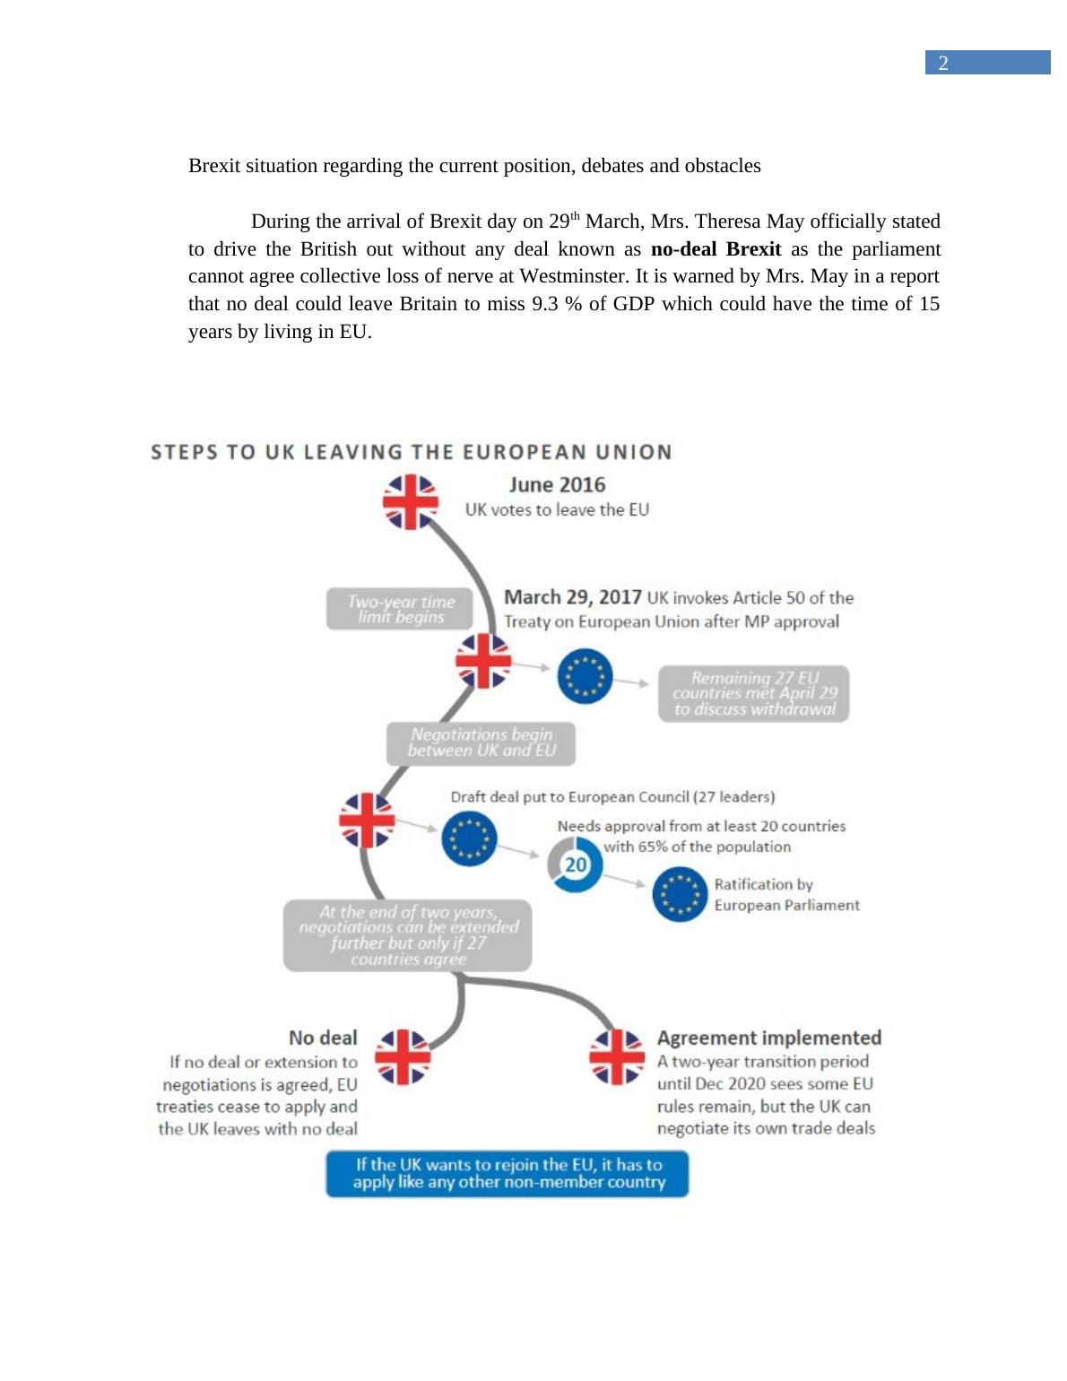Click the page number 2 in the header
pos(943,63)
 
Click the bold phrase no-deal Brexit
pos(716,249)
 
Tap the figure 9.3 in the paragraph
pos(546,304)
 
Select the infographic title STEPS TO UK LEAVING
pos(411,452)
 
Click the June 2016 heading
pos(557,485)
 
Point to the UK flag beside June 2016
pos(411,502)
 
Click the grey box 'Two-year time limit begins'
pos(400,609)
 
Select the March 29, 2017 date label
pos(572,597)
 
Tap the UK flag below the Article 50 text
pos(483,661)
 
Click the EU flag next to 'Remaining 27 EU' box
pos(585,677)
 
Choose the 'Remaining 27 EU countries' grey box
pos(754,693)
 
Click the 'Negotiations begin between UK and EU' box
pos(481,743)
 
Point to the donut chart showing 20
pos(575,864)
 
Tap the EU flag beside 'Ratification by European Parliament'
pos(681,894)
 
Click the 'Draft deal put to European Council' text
pos(612,796)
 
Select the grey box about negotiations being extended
pos(408,935)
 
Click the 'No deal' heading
pos(323,1038)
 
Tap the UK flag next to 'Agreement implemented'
pos(616,1056)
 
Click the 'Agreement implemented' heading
pos(768,1038)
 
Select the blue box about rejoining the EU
pos(507,1173)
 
